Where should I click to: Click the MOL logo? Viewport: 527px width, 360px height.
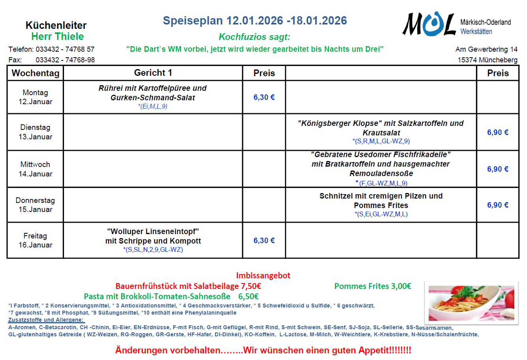[x=429, y=24]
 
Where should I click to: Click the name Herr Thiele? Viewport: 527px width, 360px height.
[x=58, y=36]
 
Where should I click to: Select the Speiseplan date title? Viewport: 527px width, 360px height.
[x=255, y=21]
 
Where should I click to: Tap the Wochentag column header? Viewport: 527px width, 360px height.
[x=36, y=73]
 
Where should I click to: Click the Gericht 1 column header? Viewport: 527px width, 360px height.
[x=153, y=73]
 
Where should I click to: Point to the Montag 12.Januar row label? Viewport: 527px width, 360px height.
[x=35, y=97]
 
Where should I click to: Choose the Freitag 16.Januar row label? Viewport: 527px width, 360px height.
[x=35, y=240]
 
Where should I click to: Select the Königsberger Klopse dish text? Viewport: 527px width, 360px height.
[x=381, y=128]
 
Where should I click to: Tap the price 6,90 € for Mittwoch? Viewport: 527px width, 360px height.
[x=497, y=169]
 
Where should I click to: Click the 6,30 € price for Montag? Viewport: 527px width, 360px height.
[x=264, y=97]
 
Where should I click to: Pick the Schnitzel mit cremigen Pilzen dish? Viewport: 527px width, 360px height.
[x=381, y=201]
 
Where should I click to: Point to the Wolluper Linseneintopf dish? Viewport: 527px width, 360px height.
[x=153, y=236]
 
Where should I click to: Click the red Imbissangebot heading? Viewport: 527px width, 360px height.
[x=263, y=276]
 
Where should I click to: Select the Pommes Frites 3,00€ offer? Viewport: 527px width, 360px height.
[x=372, y=286]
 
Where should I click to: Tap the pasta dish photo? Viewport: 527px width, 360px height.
[x=471, y=303]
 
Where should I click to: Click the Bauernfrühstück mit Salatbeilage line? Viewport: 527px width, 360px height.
[x=188, y=286]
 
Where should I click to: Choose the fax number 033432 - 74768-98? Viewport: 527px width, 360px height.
[x=65, y=60]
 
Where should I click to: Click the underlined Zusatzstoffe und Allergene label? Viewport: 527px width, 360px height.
[x=46, y=320]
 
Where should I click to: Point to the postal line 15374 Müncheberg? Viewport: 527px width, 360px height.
[x=488, y=60]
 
